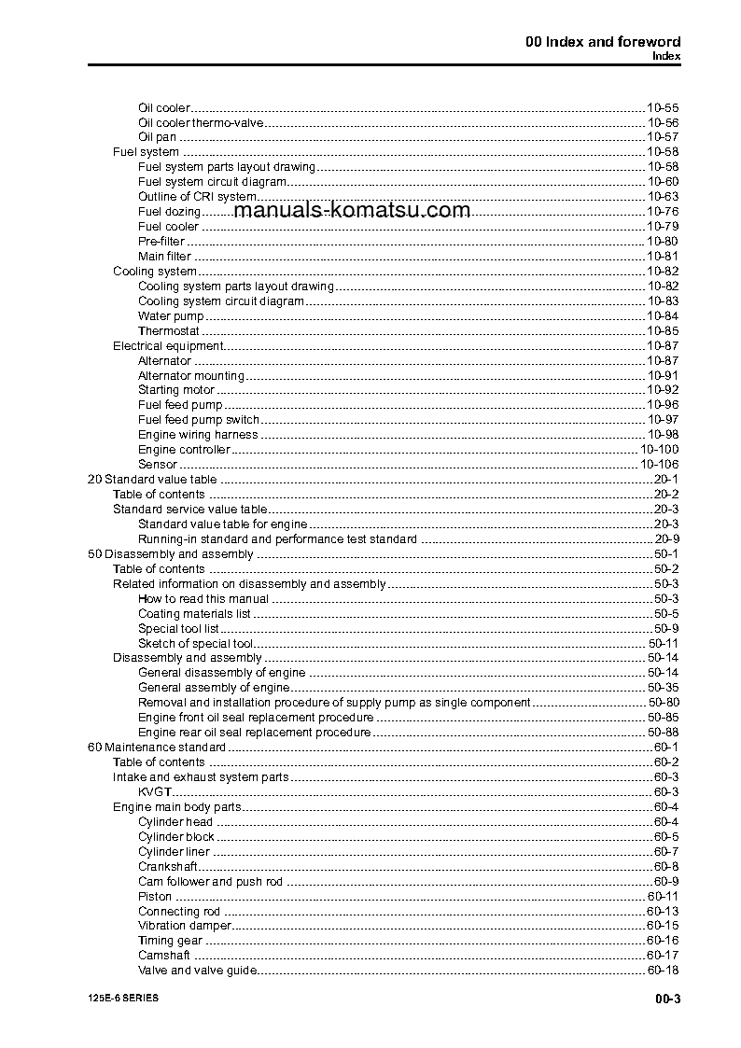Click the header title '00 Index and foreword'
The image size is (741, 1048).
click(x=603, y=41)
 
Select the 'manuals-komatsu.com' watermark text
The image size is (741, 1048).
click(x=353, y=210)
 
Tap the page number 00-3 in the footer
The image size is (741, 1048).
click(x=667, y=1000)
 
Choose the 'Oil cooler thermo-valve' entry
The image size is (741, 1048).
click(x=201, y=122)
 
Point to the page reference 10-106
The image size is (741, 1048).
click(x=659, y=465)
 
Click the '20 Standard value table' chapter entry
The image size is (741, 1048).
click(x=151, y=480)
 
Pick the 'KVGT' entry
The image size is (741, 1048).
click(x=154, y=792)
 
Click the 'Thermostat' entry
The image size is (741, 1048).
click(x=169, y=331)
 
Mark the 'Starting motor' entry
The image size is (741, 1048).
click(x=176, y=390)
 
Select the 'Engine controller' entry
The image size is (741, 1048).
click(x=184, y=450)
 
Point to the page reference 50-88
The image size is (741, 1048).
click(x=663, y=733)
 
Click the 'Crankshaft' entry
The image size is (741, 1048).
click(x=166, y=867)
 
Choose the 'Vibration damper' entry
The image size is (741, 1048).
click(x=184, y=926)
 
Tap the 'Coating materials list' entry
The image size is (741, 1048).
click(x=194, y=614)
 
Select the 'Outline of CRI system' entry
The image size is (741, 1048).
click(x=197, y=197)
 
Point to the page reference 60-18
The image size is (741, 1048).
click(x=663, y=971)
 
